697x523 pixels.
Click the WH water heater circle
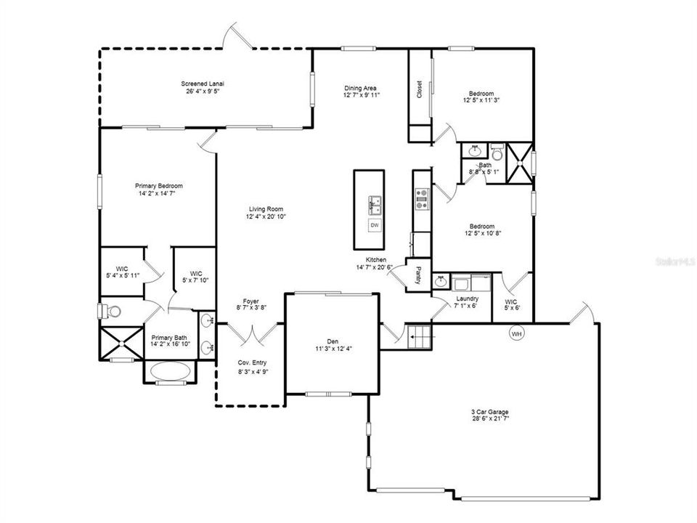click(516, 333)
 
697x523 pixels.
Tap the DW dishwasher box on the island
click(375, 225)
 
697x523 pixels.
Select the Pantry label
click(419, 275)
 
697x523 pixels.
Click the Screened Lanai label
click(203, 84)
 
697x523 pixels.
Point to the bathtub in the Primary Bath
click(171, 371)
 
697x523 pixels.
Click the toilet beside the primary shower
click(110, 311)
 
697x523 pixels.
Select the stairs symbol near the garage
click(419, 336)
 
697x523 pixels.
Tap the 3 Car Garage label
click(491, 412)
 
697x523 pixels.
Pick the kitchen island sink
click(375, 205)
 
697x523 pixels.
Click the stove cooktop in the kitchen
click(421, 199)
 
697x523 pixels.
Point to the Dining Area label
click(360, 89)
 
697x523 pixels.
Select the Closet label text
click(420, 89)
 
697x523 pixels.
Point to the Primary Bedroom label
click(158, 185)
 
